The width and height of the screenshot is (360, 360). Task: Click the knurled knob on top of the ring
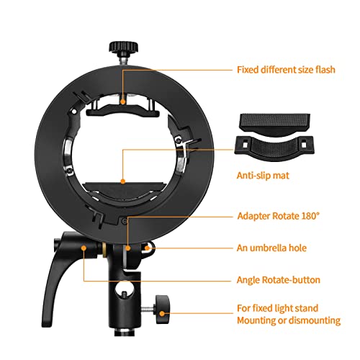click(124, 47)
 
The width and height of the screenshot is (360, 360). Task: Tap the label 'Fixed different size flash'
click(286, 70)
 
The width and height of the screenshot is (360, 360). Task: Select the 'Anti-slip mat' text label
click(263, 176)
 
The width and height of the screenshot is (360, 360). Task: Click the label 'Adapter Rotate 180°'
click(279, 216)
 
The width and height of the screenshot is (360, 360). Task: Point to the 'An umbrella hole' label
click(271, 248)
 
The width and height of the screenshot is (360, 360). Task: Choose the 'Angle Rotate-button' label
click(279, 280)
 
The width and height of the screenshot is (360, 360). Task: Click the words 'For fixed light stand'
click(278, 308)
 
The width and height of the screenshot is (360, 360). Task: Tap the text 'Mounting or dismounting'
click(289, 320)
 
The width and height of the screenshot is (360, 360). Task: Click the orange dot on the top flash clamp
click(123, 102)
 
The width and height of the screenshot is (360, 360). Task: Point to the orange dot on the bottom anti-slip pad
click(123, 181)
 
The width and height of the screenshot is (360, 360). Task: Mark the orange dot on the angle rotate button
click(84, 248)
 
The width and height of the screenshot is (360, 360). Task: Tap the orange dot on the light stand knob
click(163, 313)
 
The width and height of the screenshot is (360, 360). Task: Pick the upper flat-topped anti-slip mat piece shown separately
click(275, 122)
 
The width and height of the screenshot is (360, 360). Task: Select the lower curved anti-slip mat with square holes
click(274, 147)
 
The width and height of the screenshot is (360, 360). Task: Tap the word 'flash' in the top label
click(325, 70)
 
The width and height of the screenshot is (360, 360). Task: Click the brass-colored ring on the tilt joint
click(104, 250)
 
